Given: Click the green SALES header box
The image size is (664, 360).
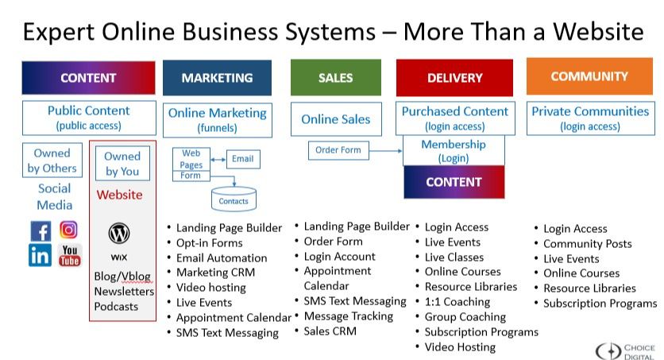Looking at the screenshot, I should (x=335, y=78).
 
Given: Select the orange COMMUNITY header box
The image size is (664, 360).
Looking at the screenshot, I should (x=589, y=76).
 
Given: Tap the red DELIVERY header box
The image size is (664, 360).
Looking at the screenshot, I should (x=454, y=78).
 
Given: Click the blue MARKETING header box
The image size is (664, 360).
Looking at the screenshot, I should (x=217, y=78).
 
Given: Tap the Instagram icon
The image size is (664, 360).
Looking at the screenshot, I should (x=69, y=230).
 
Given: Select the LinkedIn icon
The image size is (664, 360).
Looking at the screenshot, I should (x=41, y=255).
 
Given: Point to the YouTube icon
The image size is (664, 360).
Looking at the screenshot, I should (x=70, y=255).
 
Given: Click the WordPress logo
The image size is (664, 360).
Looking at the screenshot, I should (x=119, y=234).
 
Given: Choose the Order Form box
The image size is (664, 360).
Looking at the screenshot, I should (x=338, y=149).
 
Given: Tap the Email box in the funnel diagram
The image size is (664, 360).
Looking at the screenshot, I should (x=242, y=159).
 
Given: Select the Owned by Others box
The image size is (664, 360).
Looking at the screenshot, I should (x=52, y=160).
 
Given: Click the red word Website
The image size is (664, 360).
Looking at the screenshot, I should (x=119, y=195).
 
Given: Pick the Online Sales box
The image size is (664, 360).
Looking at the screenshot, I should (x=335, y=119).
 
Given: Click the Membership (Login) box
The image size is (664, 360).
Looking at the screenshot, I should (x=454, y=151).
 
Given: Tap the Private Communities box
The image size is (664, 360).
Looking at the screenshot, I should (x=589, y=118).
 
